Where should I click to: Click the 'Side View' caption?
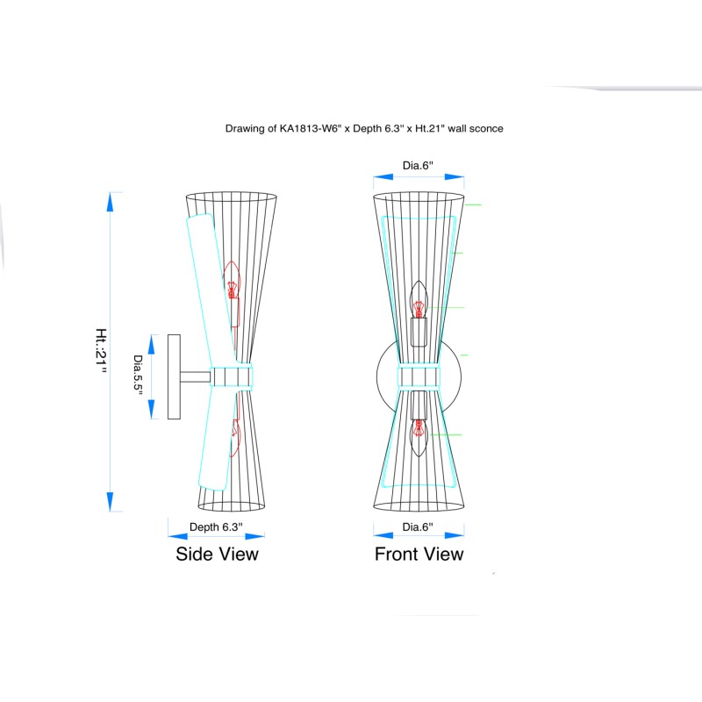[217, 555]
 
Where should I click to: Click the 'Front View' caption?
[419, 555]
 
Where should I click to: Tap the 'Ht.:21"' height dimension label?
[101, 351]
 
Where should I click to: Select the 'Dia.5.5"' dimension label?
[138, 376]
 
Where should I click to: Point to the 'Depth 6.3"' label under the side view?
[216, 527]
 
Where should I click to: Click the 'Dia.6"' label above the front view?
[418, 166]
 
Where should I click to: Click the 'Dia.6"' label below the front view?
[418, 527]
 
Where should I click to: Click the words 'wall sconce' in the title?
[476, 128]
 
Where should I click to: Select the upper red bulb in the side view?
[232, 280]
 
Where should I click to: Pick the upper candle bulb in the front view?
[419, 299]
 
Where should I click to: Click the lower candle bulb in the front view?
[419, 437]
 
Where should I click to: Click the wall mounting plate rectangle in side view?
[174, 377]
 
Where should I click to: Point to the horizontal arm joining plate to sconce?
[195, 377]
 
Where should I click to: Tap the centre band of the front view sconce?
[419, 376]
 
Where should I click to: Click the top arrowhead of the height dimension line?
[111, 203]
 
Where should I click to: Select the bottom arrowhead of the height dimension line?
[111, 501]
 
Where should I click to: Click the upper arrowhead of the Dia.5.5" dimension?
[151, 344]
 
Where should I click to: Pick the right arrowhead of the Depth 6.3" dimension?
[254, 536]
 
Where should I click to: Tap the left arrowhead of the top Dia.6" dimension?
[383, 177]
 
